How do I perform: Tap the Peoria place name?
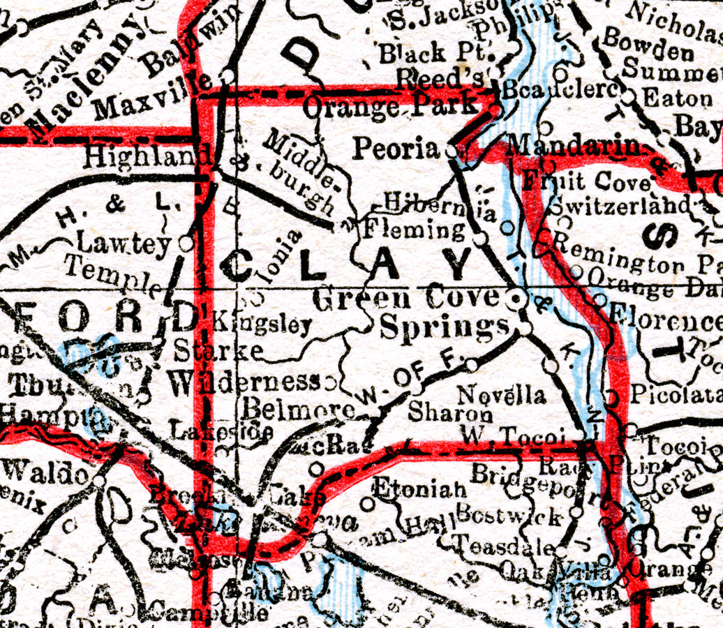(396, 149)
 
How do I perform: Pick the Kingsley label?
(261, 324)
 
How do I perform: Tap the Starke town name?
(218, 349)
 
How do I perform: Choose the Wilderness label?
(244, 381)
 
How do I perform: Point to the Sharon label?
(450, 412)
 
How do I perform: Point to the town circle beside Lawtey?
(185, 244)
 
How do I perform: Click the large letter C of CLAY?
(238, 267)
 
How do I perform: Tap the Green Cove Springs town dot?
(516, 299)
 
